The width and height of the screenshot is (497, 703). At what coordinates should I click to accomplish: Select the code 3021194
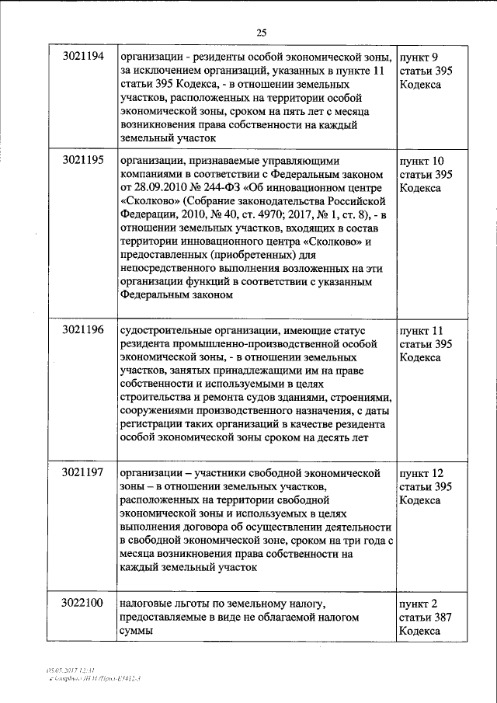[x=82, y=57]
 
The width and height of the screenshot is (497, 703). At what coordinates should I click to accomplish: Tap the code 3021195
[x=82, y=160]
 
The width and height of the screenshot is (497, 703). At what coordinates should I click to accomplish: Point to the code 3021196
[x=82, y=329]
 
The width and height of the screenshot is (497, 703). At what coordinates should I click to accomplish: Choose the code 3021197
[x=82, y=473]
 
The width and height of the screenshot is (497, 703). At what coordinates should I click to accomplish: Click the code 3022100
[x=82, y=604]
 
